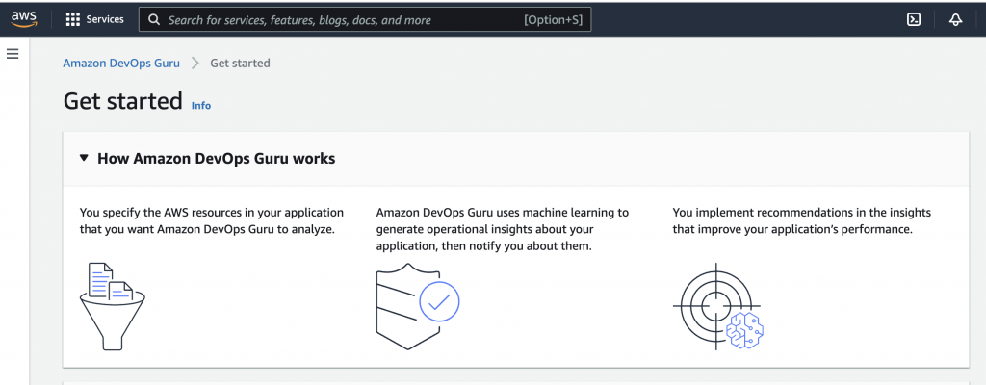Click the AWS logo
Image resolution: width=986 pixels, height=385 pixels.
click(24, 19)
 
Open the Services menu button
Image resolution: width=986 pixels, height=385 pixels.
click(95, 19)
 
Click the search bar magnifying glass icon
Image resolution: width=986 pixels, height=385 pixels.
click(153, 20)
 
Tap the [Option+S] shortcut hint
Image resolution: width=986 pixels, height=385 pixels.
click(553, 20)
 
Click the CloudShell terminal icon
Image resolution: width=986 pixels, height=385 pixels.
click(914, 19)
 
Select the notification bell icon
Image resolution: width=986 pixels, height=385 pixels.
click(956, 19)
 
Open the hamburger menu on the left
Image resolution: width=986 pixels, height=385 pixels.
click(13, 54)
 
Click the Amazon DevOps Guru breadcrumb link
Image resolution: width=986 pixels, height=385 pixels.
click(121, 63)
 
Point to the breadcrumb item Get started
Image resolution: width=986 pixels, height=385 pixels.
click(240, 63)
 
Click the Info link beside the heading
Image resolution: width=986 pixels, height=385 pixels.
click(201, 106)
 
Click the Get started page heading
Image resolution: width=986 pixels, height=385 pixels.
click(123, 101)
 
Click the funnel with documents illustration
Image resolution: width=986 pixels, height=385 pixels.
click(113, 306)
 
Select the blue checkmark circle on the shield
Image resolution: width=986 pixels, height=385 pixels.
click(439, 302)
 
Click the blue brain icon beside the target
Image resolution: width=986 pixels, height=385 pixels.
click(745, 329)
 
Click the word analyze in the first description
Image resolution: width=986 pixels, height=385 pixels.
click(312, 229)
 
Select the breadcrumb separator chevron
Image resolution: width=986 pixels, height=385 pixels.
click(195, 63)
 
